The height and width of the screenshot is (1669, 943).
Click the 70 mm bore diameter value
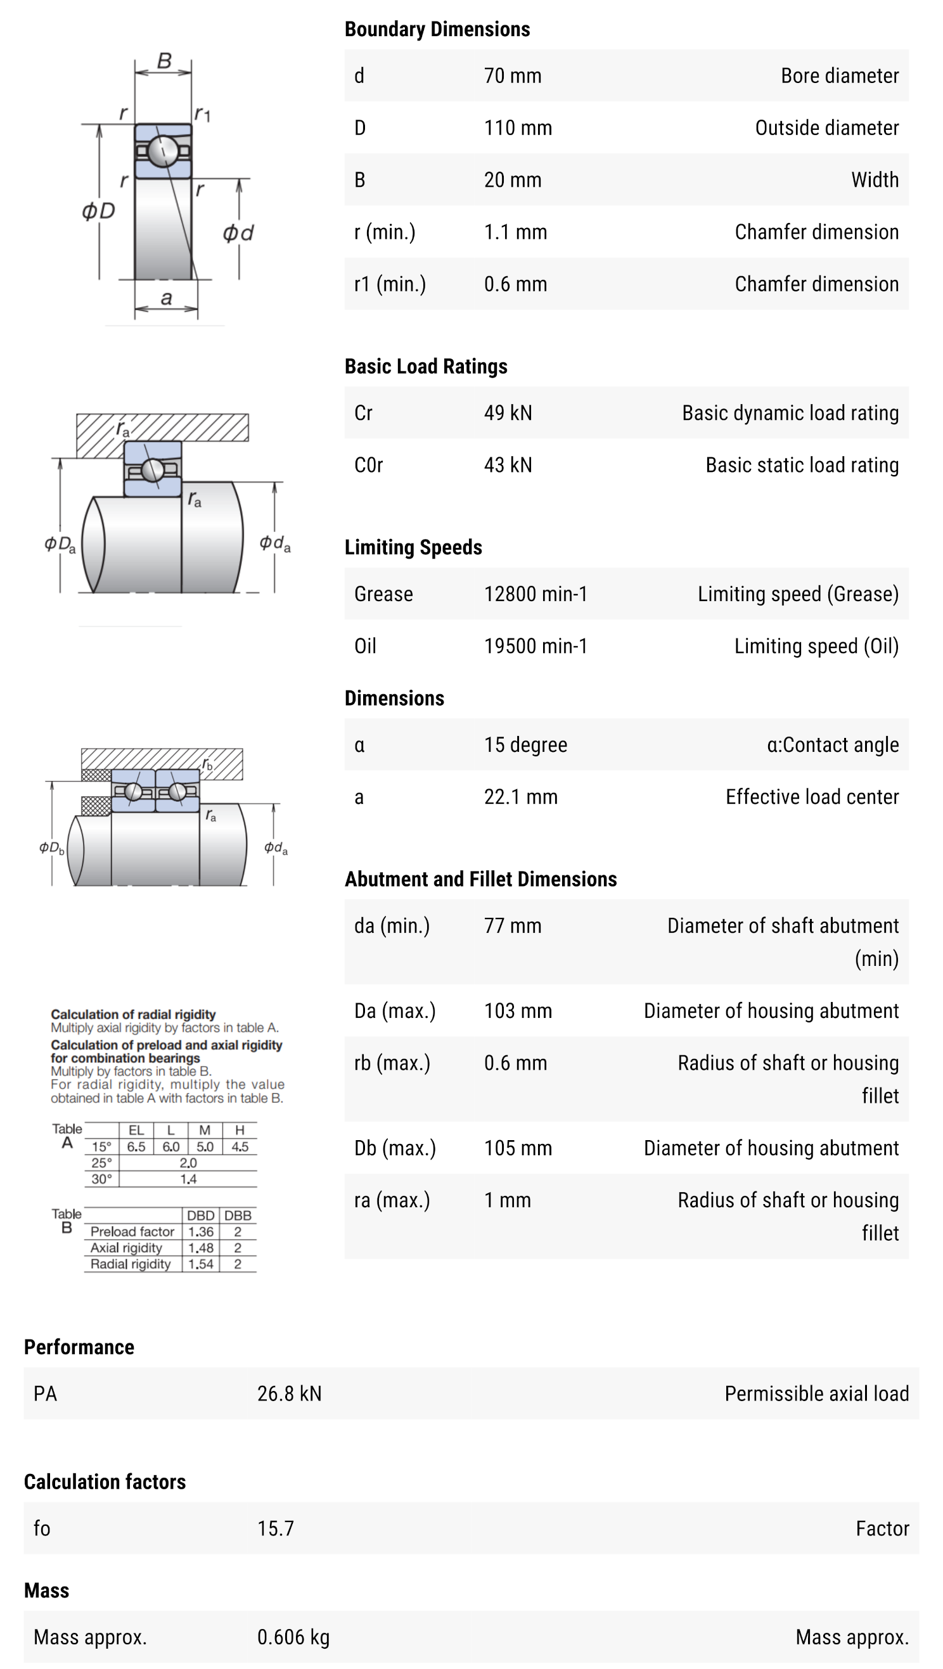(x=512, y=76)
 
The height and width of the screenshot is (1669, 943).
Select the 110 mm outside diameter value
(x=517, y=128)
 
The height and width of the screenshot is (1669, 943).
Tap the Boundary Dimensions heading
(x=437, y=29)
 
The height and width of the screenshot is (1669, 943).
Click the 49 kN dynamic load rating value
(x=508, y=413)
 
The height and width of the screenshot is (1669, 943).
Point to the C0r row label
(x=368, y=465)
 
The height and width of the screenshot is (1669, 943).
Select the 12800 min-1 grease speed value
(x=536, y=593)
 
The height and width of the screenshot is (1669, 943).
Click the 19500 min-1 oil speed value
(x=536, y=646)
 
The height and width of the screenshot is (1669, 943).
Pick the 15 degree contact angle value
(x=525, y=744)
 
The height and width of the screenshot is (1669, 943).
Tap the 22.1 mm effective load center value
(x=520, y=797)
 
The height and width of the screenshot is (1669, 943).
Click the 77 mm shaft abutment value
(x=512, y=925)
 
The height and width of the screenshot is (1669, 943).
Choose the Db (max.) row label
(x=395, y=1148)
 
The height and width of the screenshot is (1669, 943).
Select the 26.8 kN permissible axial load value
(x=289, y=1393)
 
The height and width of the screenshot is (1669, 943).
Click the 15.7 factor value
(x=276, y=1528)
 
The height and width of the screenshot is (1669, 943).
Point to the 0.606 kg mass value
(x=293, y=1637)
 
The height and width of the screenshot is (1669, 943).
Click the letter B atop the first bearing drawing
(x=164, y=61)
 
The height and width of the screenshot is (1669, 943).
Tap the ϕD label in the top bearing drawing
(x=98, y=210)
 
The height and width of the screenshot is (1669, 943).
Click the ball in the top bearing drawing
(x=163, y=151)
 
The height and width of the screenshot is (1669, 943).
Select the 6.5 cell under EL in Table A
(x=136, y=1147)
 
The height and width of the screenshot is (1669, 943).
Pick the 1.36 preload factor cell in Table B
(x=201, y=1232)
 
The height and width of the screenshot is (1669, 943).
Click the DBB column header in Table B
(x=238, y=1215)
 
